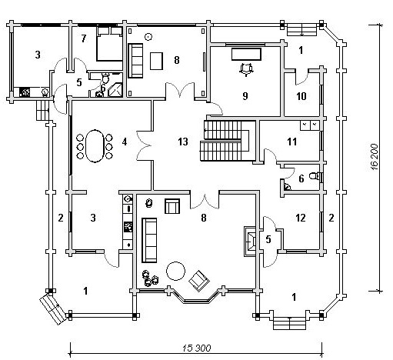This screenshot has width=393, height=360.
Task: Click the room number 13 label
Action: (183, 142)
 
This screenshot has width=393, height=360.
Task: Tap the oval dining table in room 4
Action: (95, 146)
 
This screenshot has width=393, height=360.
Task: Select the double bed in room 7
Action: (109, 44)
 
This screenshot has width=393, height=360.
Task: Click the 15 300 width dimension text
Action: (197, 348)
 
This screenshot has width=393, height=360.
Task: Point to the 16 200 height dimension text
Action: (375, 157)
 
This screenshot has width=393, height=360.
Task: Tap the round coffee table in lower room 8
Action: (175, 271)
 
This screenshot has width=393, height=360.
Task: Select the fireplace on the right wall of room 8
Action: (250, 241)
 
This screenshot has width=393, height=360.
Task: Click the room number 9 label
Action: (245, 96)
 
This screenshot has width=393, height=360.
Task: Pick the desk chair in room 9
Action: (246, 69)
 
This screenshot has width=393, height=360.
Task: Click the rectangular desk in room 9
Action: (246, 54)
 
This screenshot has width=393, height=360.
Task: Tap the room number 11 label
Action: (292, 142)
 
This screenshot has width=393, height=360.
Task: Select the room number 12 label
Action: (301, 218)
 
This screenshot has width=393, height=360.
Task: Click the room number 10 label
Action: (301, 96)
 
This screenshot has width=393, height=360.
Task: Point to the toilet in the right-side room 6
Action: (314, 176)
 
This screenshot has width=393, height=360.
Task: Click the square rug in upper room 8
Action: (156, 61)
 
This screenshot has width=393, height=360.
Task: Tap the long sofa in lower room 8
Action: (149, 240)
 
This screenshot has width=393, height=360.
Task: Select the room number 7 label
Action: (84, 38)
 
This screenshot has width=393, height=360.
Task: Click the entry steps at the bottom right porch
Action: (290, 323)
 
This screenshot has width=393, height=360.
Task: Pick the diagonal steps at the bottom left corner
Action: (54, 308)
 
